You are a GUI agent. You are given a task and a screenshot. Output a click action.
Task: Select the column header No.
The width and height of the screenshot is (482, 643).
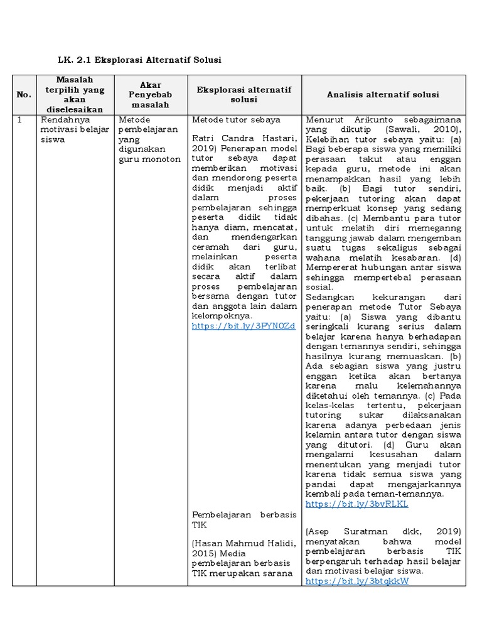coord(24,94)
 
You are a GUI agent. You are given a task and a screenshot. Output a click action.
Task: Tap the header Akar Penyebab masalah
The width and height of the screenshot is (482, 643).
coord(150,94)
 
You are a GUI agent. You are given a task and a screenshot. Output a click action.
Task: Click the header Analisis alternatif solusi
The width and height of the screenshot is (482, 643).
coord(383,94)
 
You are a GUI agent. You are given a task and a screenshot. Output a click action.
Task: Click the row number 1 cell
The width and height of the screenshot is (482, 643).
coord(20,119)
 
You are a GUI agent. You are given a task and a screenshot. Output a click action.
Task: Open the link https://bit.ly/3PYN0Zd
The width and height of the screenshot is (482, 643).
coord(244,327)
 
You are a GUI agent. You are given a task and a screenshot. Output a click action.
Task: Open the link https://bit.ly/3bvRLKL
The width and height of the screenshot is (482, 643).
coord(356,504)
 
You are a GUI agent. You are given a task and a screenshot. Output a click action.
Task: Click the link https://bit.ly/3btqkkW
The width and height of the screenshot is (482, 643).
coord(357,581)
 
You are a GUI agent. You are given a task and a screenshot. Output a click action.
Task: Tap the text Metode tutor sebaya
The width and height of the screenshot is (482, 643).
coord(236,119)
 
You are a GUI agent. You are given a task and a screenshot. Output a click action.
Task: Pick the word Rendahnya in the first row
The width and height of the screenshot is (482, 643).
coord(62,119)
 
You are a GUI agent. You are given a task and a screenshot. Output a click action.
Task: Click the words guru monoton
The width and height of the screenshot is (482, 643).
coord(149,159)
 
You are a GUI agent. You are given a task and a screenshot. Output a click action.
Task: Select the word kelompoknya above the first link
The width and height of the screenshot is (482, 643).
coord(220,316)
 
